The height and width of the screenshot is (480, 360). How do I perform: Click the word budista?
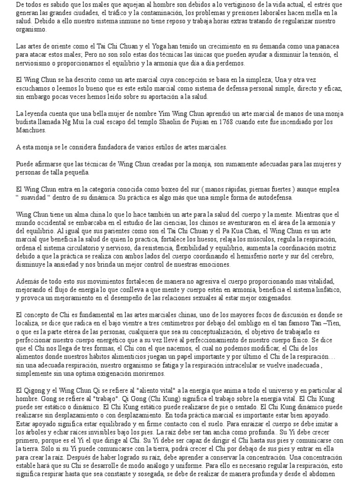[27, 123]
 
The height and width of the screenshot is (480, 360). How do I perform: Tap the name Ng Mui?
[74, 123]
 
